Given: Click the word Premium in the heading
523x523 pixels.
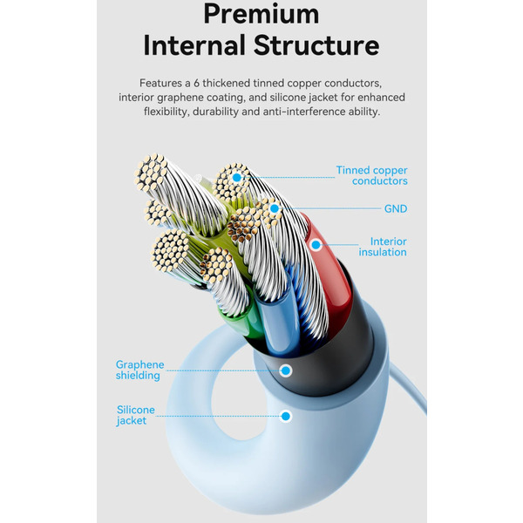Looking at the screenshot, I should [261, 14].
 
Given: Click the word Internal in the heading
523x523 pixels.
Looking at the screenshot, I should [192, 45].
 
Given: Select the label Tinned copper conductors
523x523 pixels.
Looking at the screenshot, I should [372, 175].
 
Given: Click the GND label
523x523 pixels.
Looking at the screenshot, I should [396, 209].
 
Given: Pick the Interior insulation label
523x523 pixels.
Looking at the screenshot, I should [384, 247].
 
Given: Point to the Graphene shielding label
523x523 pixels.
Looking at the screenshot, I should [138, 370].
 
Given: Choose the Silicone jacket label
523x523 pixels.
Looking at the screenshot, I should [135, 415].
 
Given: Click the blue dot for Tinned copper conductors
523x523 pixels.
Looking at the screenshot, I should [236, 178].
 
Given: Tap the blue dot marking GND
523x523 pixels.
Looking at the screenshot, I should [275, 209].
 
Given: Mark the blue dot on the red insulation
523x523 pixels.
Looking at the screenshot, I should [316, 246].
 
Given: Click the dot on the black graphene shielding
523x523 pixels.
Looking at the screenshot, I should [285, 370].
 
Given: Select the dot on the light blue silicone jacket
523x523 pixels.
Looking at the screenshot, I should [285, 416].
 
